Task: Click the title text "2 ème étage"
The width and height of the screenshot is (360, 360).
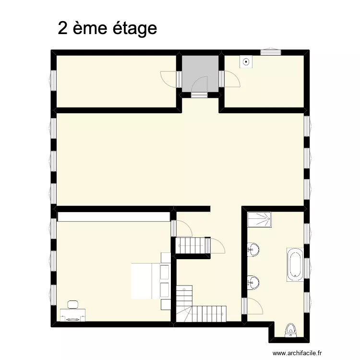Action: (107, 28)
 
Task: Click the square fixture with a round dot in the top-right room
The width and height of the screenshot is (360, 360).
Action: (246, 62)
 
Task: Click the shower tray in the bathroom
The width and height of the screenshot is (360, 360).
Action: (259, 220)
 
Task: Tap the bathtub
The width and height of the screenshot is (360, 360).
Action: (294, 264)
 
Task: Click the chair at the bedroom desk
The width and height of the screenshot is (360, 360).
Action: (73, 304)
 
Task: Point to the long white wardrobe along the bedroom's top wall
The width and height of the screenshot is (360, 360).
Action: (114, 217)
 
